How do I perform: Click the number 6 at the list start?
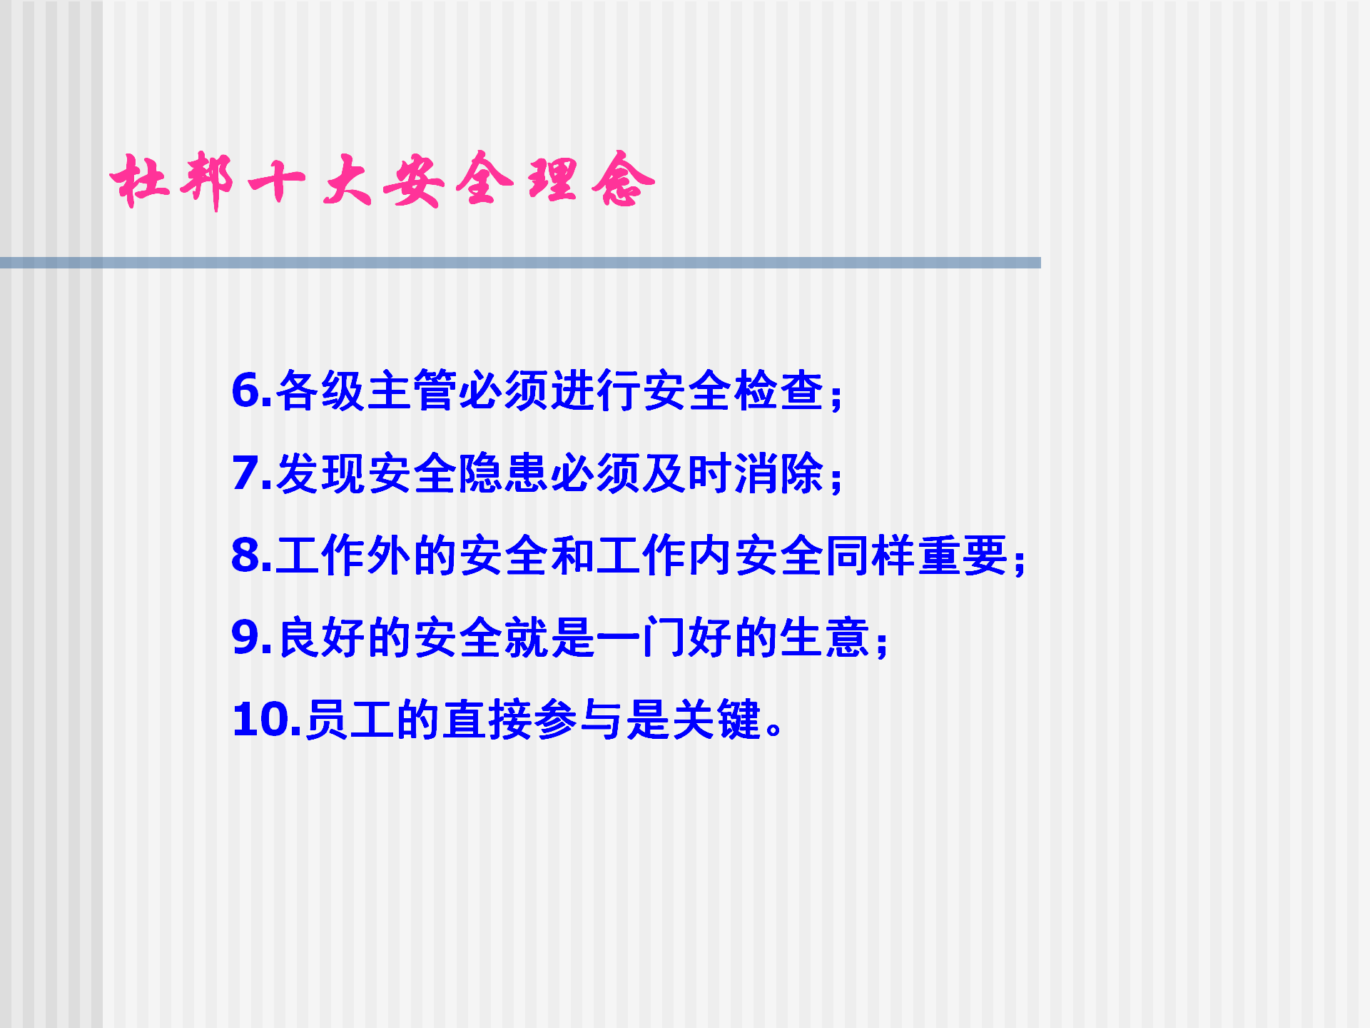tap(247, 391)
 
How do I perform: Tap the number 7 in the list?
tap(246, 473)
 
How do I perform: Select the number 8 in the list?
tap(247, 555)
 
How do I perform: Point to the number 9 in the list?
tap(247, 638)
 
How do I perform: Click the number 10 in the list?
tap(260, 720)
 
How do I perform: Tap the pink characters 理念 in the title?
tap(591, 179)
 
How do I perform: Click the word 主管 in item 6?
tap(412, 390)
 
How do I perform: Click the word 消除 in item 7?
tap(779, 473)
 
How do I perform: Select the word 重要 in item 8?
tap(963, 555)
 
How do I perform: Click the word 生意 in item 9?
tap(826, 638)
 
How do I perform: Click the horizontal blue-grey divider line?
tap(520, 263)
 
